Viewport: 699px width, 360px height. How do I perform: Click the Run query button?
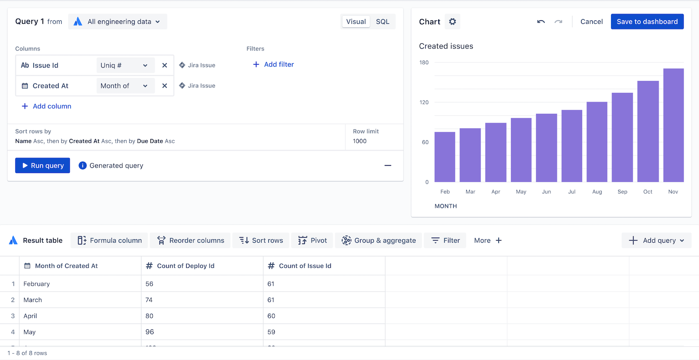[x=43, y=165]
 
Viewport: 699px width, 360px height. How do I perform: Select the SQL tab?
[x=382, y=22]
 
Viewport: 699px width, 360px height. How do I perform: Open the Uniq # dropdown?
[x=124, y=65]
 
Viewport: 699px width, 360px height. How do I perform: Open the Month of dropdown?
[x=124, y=86]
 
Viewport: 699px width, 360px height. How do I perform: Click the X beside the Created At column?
[x=165, y=86]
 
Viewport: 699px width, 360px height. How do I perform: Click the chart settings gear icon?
[x=452, y=22]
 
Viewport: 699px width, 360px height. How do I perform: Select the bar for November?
[x=673, y=125]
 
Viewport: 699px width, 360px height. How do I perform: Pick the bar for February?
[x=445, y=157]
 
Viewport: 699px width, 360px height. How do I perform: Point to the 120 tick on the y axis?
[x=424, y=102]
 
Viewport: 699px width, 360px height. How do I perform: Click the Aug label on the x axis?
[x=597, y=192]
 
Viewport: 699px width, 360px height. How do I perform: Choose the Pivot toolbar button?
[x=313, y=241]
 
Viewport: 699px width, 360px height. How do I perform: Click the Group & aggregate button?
[x=378, y=241]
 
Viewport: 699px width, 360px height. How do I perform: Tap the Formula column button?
[x=109, y=241]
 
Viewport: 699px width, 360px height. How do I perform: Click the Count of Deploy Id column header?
[x=185, y=266]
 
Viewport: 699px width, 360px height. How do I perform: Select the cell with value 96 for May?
[x=150, y=332]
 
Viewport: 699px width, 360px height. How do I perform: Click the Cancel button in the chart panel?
[x=591, y=22]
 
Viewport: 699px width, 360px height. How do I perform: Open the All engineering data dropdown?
[x=118, y=22]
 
